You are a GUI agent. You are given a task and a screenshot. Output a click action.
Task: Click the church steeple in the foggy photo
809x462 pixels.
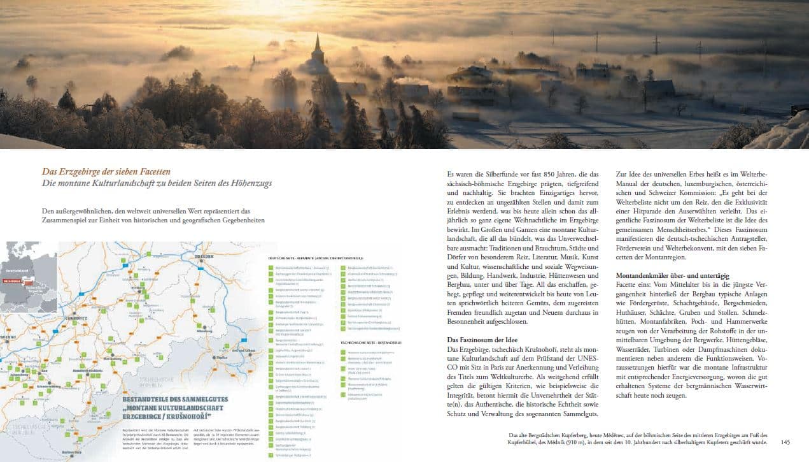pos(317,48)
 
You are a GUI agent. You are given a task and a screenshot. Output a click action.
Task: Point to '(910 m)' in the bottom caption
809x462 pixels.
pos(590,443)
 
